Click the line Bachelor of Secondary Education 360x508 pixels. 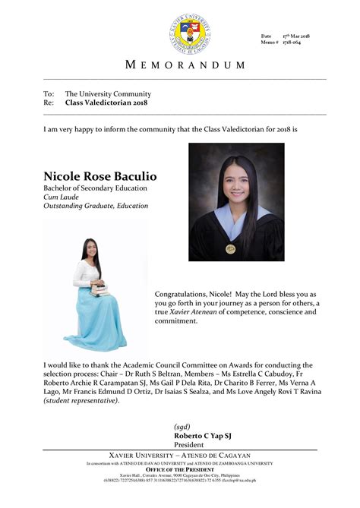95,188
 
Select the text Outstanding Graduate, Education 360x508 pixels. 96,207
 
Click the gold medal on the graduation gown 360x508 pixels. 231,248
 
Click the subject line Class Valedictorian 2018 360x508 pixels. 106,102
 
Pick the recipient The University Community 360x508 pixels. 106,93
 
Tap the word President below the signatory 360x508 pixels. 189,445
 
